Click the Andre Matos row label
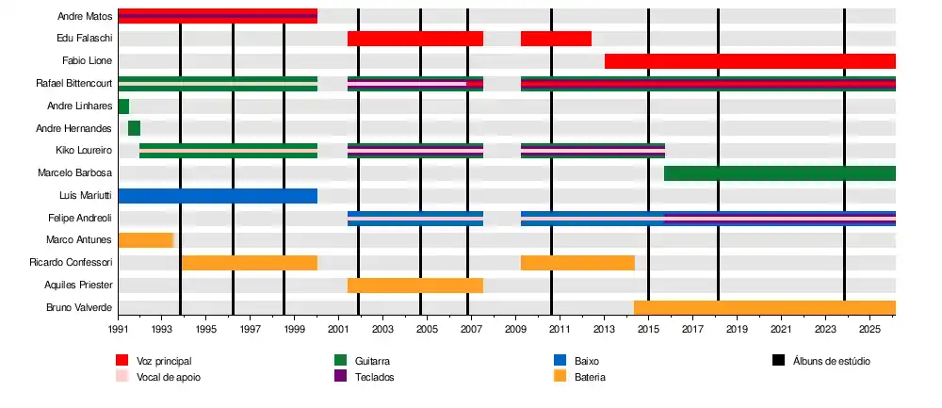[85, 16]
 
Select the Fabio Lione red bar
[749, 61]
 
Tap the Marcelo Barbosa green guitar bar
[779, 173]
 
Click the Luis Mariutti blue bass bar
[218, 196]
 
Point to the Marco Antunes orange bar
[146, 240]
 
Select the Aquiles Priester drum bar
[414, 286]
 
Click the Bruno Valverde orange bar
[764, 307]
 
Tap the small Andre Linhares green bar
[123, 106]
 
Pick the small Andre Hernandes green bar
[134, 128]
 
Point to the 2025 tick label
[869, 330]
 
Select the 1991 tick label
[119, 330]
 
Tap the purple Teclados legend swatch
[342, 377]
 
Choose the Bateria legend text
[590, 377]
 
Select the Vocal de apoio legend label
[169, 377]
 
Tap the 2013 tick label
[604, 330]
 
